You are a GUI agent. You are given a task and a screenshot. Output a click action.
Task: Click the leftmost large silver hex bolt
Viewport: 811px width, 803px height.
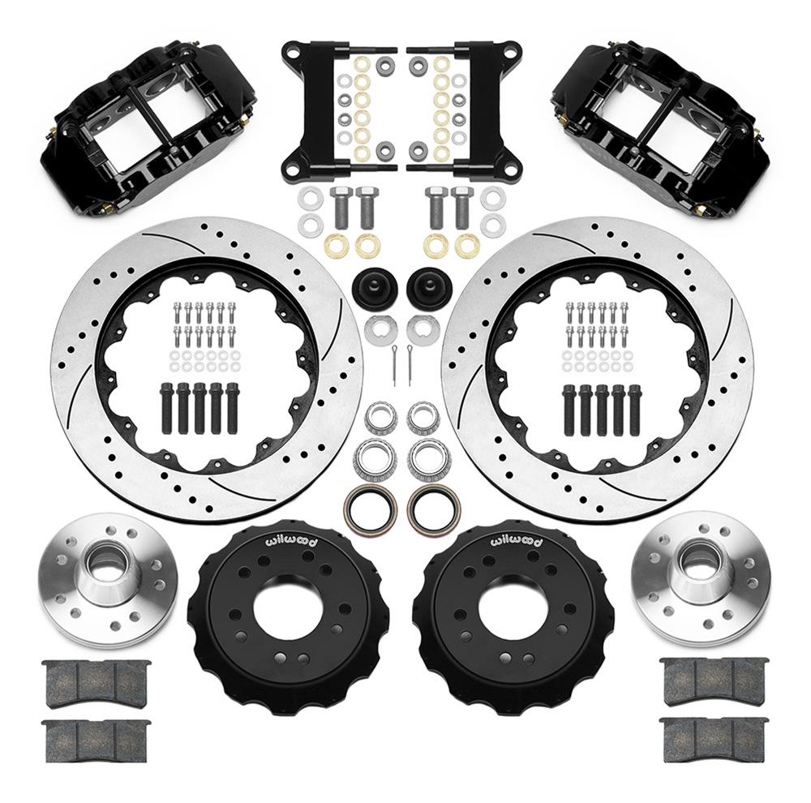(x=340, y=206)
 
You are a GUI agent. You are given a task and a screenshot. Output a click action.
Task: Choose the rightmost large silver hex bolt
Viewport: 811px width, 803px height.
(x=463, y=206)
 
